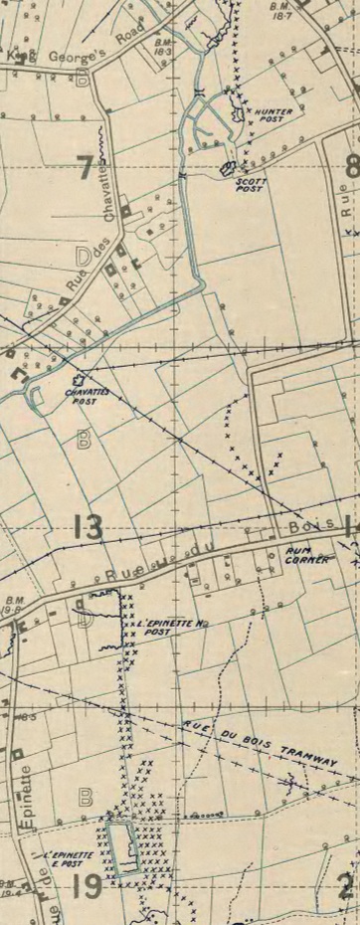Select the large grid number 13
tap(88, 527)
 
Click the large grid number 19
tap(88, 884)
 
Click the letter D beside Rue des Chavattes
tap(83, 258)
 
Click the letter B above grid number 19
tap(86, 796)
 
